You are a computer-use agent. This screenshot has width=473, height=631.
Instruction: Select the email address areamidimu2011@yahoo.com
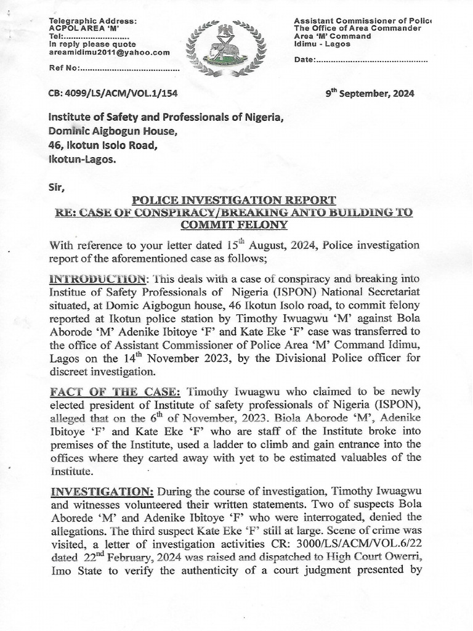click(109, 52)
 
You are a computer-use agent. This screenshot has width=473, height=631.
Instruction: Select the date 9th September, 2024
click(370, 94)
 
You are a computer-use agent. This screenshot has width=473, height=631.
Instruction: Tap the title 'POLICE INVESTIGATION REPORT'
click(234, 200)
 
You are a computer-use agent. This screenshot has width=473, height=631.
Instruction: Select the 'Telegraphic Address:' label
click(93, 22)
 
